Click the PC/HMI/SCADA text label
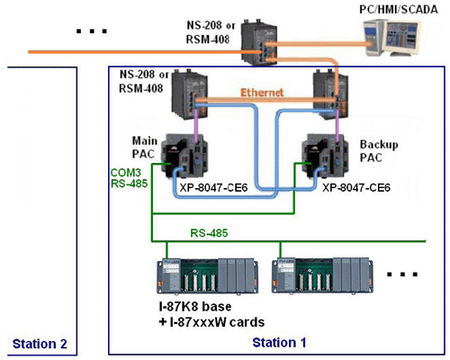tap(399, 10)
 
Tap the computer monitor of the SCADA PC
tap(401, 39)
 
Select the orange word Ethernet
tap(262, 93)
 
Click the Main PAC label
tap(144, 148)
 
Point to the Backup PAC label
tap(379, 151)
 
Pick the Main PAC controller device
tap(184, 156)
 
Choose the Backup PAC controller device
tap(325, 156)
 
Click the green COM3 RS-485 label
tap(129, 178)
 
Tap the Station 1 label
tap(279, 342)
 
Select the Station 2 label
tap(40, 344)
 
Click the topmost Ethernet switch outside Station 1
tap(259, 41)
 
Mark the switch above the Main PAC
tap(190, 94)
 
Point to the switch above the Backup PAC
tap(330, 94)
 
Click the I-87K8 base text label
tap(195, 307)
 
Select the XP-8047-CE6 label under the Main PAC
tap(213, 188)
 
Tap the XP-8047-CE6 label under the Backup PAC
tap(356, 188)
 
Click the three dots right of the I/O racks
tap(402, 274)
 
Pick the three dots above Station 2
tap(92, 31)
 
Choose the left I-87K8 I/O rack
tap(207, 275)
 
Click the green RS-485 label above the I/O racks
tap(209, 233)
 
